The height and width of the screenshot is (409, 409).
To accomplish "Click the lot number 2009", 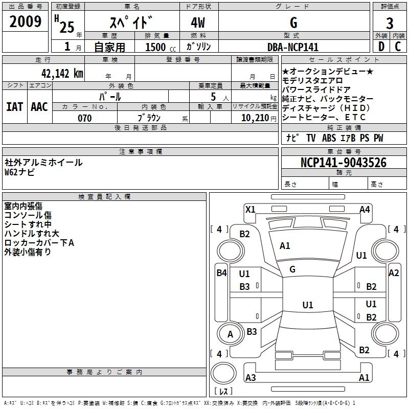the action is [x=25, y=21].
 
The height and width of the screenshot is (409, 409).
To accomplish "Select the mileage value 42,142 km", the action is [x=62, y=74].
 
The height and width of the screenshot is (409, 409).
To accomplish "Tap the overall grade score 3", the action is [x=390, y=24].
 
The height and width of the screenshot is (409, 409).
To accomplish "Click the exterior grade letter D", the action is [x=381, y=47].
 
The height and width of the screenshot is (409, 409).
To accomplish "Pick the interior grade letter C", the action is [x=398, y=47].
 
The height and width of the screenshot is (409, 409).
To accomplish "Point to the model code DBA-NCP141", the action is [x=293, y=47].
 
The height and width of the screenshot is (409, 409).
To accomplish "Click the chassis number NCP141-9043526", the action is [x=344, y=163].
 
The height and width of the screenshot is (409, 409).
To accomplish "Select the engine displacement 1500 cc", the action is [x=161, y=47].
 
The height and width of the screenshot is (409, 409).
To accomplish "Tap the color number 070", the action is [x=85, y=118].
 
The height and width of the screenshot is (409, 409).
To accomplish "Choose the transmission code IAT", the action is [x=15, y=107].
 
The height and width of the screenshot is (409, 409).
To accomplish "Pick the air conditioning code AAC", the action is [x=39, y=107].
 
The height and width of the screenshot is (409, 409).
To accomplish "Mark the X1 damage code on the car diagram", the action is [x=250, y=210].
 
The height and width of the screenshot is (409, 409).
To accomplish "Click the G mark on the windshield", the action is [x=292, y=269].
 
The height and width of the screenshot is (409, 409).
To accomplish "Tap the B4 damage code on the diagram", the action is [x=222, y=273].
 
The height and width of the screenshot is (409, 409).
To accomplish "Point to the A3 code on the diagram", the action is [x=251, y=377].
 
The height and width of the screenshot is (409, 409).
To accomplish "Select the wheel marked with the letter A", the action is [x=230, y=334].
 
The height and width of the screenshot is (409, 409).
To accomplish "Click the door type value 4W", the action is [x=198, y=23].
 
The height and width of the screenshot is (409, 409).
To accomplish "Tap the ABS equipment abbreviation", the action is [x=329, y=138].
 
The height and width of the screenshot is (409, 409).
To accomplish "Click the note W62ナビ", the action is [x=19, y=172].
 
